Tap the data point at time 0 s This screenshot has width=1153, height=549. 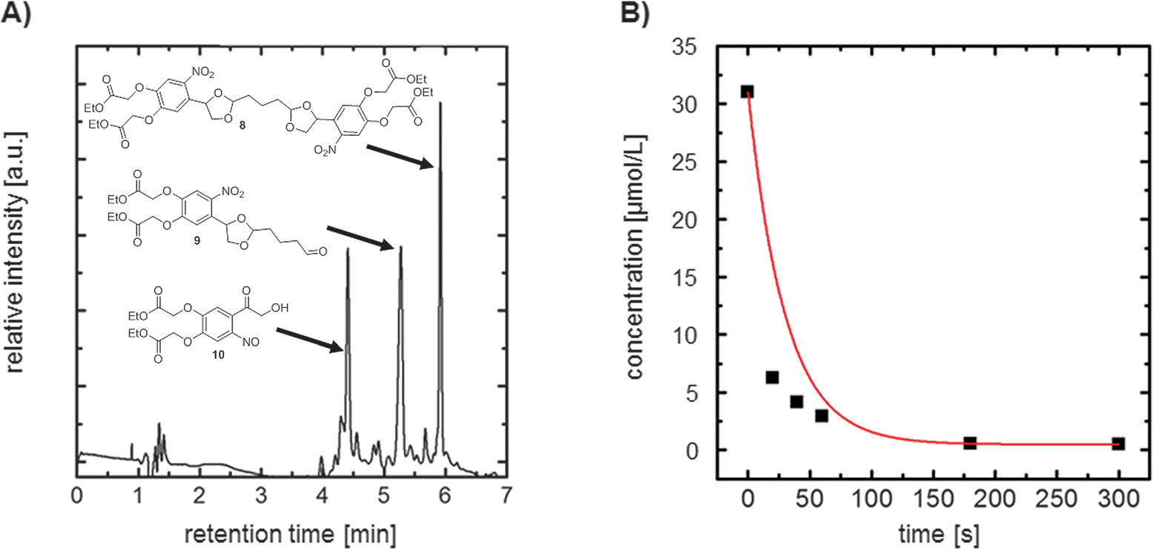click(x=747, y=92)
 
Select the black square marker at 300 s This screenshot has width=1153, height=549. click(x=1118, y=444)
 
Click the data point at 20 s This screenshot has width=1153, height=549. click(x=772, y=378)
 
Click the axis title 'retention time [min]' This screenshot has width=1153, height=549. click(x=289, y=532)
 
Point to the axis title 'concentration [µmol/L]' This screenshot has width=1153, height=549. click(x=636, y=257)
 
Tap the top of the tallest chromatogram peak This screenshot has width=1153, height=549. click(x=440, y=102)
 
